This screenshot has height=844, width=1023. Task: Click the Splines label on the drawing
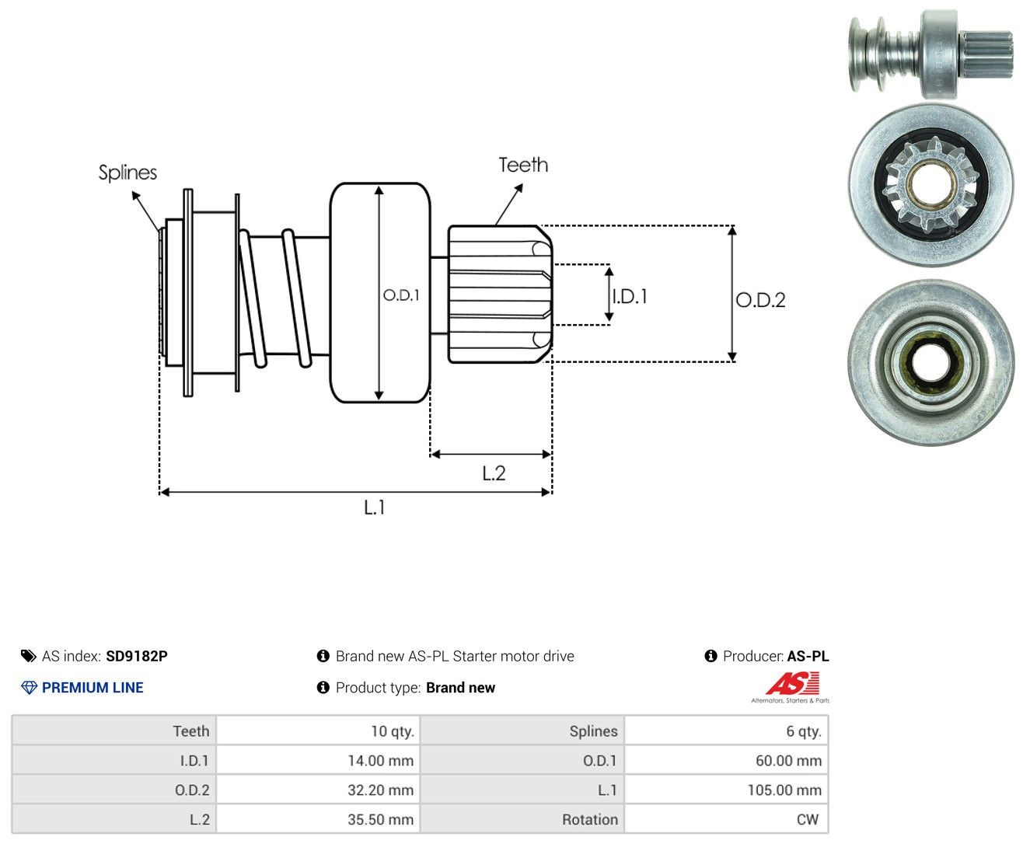click(x=127, y=173)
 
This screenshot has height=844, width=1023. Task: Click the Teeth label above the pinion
click(x=523, y=165)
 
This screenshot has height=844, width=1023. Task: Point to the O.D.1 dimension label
click(x=401, y=295)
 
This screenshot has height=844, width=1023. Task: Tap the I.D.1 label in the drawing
click(x=630, y=296)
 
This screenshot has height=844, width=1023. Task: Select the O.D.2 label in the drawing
click(x=760, y=300)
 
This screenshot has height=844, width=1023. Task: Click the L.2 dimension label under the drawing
click(x=494, y=473)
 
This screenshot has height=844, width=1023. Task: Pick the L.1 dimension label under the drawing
click(x=375, y=507)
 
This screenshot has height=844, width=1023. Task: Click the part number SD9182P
click(x=137, y=656)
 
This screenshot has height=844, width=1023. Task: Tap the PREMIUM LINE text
click(x=93, y=688)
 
